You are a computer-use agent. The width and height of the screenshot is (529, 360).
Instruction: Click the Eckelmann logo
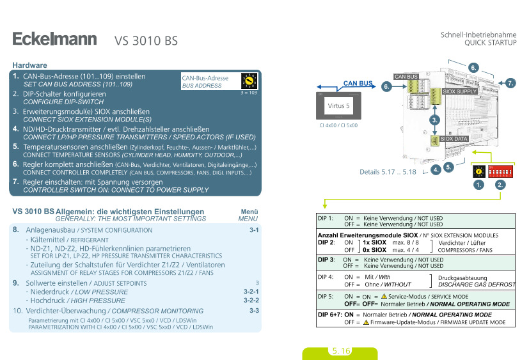tap(54, 40)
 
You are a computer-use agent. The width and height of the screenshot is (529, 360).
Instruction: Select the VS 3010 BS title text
tap(146, 41)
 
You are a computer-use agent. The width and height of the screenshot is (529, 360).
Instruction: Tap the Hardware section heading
tap(30, 65)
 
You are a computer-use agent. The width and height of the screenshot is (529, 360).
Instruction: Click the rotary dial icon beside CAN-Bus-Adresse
tap(249, 81)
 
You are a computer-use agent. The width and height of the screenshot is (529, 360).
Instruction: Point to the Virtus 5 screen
tap(338, 106)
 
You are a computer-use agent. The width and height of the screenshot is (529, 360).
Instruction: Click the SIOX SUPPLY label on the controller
tap(460, 91)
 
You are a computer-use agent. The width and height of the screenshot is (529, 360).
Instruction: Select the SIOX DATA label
tap(454, 139)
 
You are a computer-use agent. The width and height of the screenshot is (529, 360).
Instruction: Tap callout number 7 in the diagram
tap(510, 83)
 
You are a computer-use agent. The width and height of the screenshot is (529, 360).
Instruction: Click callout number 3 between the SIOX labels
tap(435, 120)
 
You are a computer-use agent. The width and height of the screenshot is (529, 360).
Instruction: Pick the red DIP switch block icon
tap(500, 172)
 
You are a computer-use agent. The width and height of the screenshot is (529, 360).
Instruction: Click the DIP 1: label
tap(326, 219)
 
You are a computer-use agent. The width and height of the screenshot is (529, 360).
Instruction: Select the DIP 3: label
tap(326, 260)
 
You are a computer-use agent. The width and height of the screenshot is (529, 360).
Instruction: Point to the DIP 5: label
tap(326, 297)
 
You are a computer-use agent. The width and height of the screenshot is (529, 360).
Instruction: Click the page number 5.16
tap(341, 351)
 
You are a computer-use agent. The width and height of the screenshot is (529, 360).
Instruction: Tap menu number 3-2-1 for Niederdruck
tap(251, 292)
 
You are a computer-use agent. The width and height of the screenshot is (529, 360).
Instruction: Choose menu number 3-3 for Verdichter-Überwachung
tap(254, 311)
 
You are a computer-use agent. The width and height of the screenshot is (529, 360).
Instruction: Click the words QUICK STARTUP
tap(490, 42)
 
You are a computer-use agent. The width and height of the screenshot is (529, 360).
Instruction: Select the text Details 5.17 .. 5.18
tap(388, 171)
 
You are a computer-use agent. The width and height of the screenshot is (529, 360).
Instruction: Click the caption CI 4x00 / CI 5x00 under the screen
tap(338, 125)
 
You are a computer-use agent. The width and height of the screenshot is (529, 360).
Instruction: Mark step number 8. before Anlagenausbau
tap(16, 230)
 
